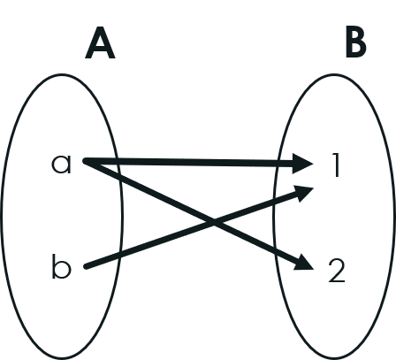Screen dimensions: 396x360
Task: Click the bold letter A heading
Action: (100, 43)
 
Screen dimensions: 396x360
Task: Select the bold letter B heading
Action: (356, 43)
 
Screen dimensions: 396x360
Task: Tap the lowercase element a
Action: (61, 164)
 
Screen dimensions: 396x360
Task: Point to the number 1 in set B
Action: (336, 165)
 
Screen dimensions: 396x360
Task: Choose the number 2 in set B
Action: (337, 272)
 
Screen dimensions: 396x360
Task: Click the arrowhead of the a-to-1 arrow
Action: (303, 164)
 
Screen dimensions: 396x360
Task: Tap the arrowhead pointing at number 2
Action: (304, 263)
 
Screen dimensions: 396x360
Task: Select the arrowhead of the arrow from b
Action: (303, 194)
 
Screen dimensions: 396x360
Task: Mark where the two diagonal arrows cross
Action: (214, 223)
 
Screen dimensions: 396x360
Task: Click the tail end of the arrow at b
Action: (86, 267)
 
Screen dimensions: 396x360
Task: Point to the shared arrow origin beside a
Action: (86, 161)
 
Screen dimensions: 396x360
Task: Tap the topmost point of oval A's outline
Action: (62, 74)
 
